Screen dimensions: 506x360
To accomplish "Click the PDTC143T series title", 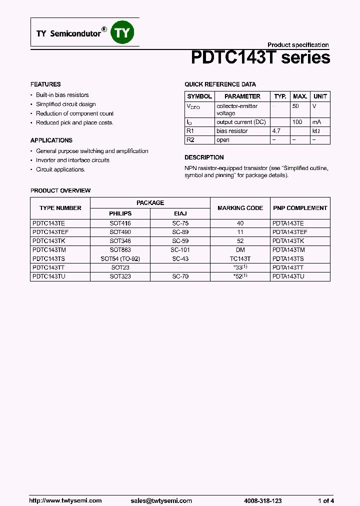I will (260, 58).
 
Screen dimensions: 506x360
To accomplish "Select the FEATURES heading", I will (45, 84).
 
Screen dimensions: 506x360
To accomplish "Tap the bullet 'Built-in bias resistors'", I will (62, 95).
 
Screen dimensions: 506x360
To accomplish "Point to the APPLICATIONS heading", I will (51, 140).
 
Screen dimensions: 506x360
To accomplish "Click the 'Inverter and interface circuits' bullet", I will (72, 160).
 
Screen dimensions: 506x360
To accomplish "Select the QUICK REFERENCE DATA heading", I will (220, 84).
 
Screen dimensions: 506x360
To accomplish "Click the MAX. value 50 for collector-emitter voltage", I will (295, 106).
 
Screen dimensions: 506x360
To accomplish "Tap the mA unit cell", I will (316, 122).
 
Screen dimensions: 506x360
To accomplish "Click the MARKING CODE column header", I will (240, 208).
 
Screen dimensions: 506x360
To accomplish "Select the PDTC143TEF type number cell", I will (51, 232).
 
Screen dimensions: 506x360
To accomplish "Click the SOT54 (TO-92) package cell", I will (120, 259).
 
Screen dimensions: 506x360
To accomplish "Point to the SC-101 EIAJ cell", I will (180, 250).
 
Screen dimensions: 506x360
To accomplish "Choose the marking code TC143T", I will (240, 259).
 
